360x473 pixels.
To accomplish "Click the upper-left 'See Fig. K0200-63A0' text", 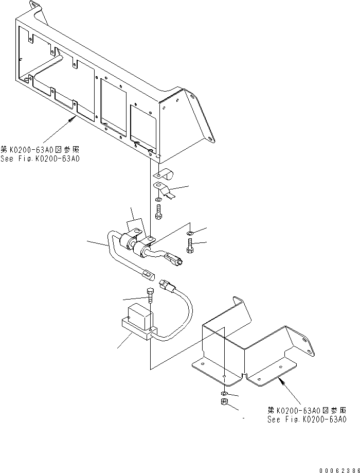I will (40, 159).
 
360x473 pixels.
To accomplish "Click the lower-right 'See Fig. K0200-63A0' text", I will (307, 419).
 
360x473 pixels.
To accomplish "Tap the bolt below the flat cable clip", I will (159, 211).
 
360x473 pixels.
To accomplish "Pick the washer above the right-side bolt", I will (190, 234).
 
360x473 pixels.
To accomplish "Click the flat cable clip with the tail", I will (163, 189).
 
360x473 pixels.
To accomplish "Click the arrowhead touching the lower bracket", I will (280, 380).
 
